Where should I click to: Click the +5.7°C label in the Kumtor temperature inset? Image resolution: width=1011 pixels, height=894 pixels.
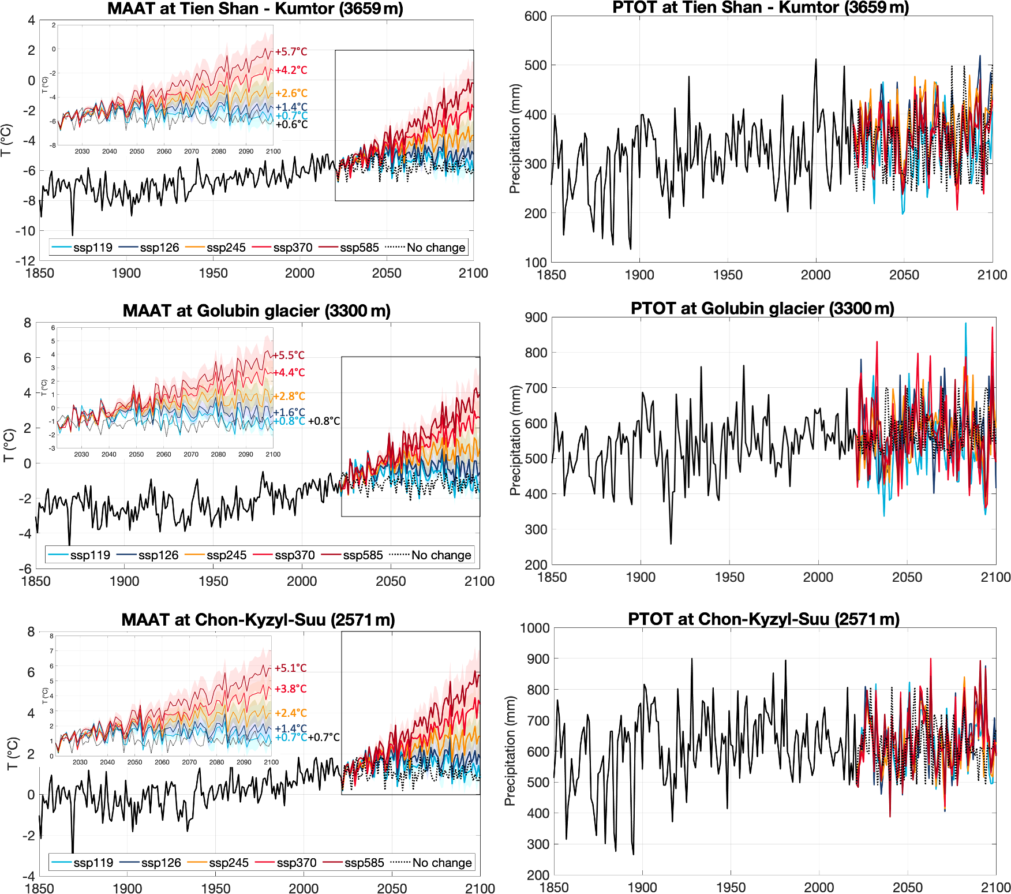tap(291, 52)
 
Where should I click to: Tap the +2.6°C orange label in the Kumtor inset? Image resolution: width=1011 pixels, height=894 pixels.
tap(291, 93)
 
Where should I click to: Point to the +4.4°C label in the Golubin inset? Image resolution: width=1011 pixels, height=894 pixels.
tap(289, 372)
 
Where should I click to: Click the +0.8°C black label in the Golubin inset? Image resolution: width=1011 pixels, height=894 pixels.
tap(324, 421)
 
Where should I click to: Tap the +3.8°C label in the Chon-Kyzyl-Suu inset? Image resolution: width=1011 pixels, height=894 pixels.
tap(290, 689)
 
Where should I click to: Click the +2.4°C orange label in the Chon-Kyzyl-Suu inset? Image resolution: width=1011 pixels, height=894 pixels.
tap(290, 713)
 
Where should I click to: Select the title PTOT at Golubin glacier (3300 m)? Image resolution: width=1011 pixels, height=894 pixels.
tap(762, 308)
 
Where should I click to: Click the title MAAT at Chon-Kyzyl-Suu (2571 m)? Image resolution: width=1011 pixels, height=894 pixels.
tap(258, 620)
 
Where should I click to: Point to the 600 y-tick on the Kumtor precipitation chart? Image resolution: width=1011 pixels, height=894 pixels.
tap(536, 16)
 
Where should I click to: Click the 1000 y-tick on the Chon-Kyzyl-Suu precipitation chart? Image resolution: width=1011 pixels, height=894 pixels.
tap(534, 628)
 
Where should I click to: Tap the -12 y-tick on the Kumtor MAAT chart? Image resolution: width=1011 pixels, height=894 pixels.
tap(25, 260)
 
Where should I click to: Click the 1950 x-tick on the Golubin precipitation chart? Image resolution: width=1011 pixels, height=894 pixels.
tap(729, 577)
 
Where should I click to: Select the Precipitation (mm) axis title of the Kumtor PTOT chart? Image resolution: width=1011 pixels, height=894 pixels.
tap(515, 139)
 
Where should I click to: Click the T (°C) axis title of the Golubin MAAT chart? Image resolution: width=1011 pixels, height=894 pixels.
tap(9, 445)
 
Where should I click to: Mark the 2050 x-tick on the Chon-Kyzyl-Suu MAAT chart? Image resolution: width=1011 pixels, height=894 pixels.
tap(392, 888)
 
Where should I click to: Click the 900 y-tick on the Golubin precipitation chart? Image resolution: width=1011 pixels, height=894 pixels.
tap(536, 317)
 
